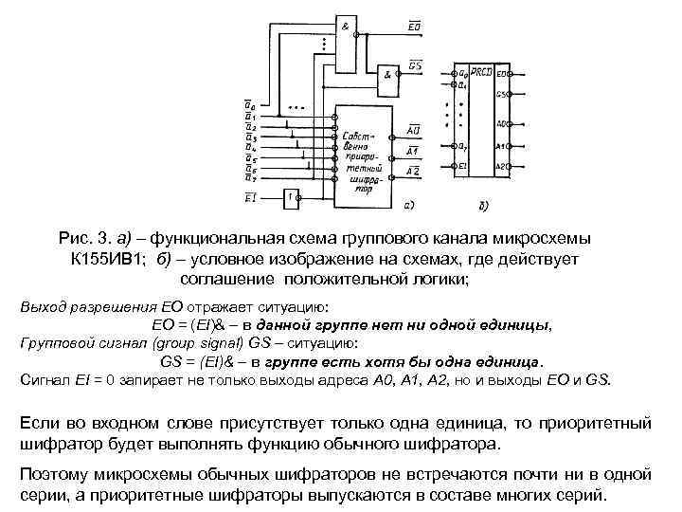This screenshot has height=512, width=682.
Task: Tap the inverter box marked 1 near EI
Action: click(293, 197)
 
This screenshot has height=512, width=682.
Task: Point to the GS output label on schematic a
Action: click(416, 64)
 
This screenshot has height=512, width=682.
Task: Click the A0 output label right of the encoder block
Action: click(415, 130)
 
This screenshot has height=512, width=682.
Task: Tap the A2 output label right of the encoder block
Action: click(414, 169)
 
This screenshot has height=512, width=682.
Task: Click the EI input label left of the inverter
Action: click(250, 197)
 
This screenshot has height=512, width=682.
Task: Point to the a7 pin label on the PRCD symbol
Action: click(461, 146)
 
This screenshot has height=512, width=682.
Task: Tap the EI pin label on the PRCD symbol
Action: click(462, 166)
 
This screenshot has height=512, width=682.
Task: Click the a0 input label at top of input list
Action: click(249, 104)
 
